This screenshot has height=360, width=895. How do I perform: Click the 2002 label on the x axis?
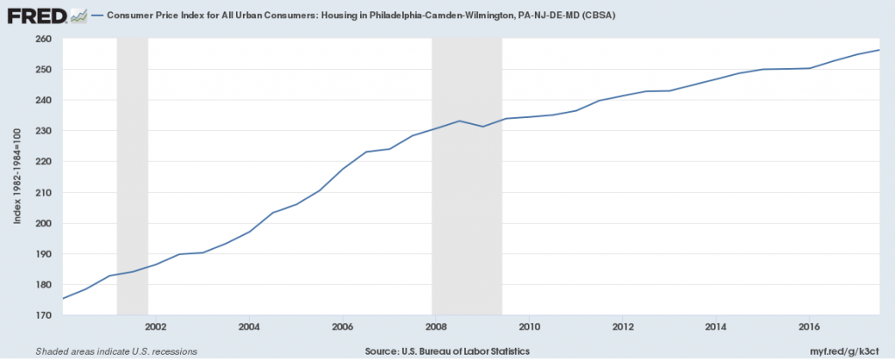[156, 328]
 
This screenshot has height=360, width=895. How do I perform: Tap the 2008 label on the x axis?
[436, 328]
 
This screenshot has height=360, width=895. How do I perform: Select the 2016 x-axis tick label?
[810, 328]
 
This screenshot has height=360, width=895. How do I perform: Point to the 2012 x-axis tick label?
[623, 328]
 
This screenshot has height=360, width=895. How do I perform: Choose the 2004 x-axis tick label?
[249, 328]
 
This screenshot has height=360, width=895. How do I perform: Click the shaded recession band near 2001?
[132, 175]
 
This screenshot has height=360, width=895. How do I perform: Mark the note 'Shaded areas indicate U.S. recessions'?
[116, 351]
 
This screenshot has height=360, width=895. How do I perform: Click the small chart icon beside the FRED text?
[79, 15]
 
